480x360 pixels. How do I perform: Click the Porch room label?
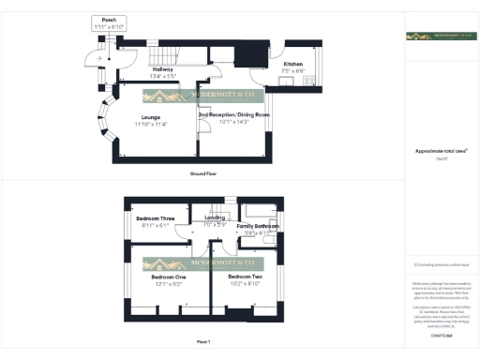click(110, 19)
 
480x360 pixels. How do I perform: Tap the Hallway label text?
click(165, 68)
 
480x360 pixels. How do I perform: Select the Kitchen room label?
click(292, 64)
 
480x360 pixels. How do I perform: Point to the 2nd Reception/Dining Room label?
click(233, 114)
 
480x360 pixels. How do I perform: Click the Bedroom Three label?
click(156, 218)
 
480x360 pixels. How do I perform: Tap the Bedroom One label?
click(169, 277)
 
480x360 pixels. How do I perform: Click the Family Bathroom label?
click(258, 227)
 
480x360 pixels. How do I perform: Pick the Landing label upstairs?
click(216, 218)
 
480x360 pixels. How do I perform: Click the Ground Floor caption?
click(204, 174)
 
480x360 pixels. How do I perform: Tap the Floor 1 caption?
click(203, 341)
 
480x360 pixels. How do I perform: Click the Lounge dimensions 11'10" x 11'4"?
click(150, 124)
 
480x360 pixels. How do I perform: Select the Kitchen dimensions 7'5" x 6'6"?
click(293, 71)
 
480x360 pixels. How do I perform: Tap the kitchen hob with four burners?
click(284, 82)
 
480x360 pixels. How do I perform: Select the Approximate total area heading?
click(442, 150)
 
